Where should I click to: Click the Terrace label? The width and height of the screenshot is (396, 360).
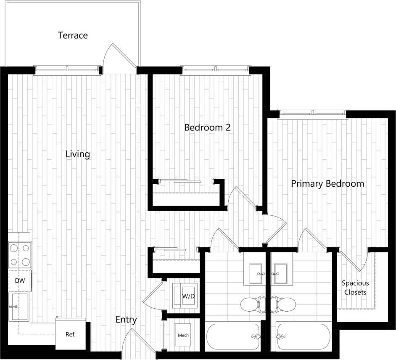[x=73, y=35]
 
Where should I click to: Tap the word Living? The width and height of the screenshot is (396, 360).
[x=78, y=154]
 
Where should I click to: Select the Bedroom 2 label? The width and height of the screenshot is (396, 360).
[x=208, y=127]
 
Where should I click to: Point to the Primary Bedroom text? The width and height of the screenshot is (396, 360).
[x=327, y=184]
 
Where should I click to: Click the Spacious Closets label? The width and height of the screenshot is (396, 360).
[x=355, y=288]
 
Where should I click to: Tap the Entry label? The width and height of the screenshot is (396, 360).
[x=126, y=320]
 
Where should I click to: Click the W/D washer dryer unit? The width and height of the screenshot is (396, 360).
[x=187, y=295]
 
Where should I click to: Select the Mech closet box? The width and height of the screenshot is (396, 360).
[x=183, y=335]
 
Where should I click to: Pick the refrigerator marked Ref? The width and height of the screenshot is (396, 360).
[x=71, y=334]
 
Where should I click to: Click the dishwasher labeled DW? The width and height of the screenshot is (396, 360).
[x=19, y=281]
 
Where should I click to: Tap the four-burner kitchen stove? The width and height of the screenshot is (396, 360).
[x=20, y=255]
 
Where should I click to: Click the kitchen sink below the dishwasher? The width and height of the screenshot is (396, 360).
[x=18, y=307]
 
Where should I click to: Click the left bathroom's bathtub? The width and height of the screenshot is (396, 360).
[x=233, y=336]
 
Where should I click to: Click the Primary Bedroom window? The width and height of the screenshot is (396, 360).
[x=313, y=112]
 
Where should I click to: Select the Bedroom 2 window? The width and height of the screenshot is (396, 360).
[x=216, y=68]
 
